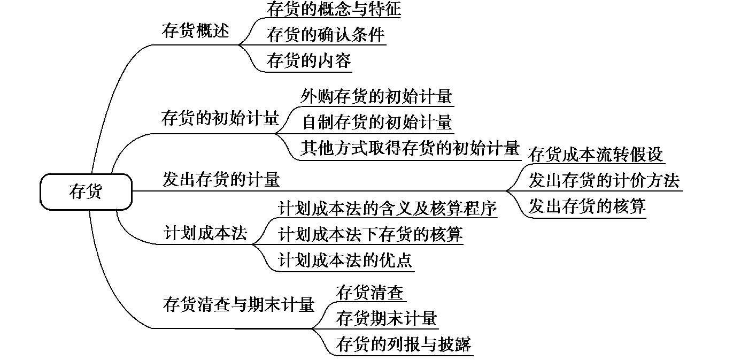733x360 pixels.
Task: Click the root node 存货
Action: coord(86,191)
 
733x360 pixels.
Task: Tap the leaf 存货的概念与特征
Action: coord(333,9)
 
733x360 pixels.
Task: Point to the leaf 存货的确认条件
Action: coord(325,35)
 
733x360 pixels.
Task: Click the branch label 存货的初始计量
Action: coord(220,118)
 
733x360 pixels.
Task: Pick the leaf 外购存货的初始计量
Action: coord(376,96)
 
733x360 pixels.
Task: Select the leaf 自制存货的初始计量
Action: coord(376,122)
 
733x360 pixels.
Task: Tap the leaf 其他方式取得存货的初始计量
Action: coord(410,148)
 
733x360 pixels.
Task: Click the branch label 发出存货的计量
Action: coord(221,179)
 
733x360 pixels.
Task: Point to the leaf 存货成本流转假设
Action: coord(596,154)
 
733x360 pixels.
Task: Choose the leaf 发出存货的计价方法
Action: coord(604,180)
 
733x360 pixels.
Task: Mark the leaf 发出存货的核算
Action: coord(587,206)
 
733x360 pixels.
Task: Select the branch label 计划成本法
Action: coord(205,234)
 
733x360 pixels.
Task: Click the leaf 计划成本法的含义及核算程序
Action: coord(388,208)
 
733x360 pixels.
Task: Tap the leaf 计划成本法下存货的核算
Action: coord(371,234)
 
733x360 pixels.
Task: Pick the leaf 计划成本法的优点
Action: coord(345,260)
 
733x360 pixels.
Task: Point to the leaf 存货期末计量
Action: coord(387,319)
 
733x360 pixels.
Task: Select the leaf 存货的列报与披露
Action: coord(404,344)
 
